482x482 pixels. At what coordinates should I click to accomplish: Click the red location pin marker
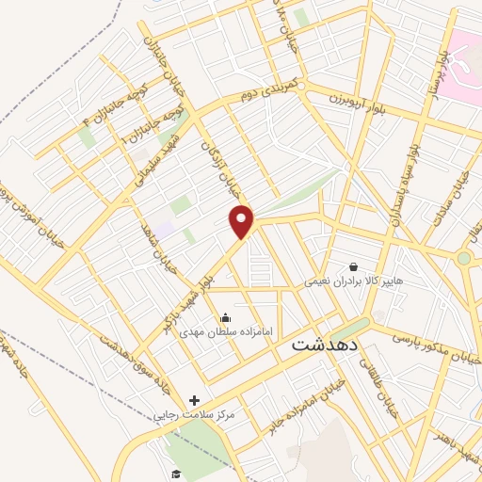(243, 221)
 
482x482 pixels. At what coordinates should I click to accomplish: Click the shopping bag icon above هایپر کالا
(353, 266)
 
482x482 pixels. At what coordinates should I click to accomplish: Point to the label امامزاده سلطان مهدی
(224, 332)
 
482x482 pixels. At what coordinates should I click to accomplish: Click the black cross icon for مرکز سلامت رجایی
(194, 400)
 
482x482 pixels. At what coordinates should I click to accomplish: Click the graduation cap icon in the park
(175, 474)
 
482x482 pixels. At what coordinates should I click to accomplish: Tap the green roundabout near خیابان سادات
(464, 258)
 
